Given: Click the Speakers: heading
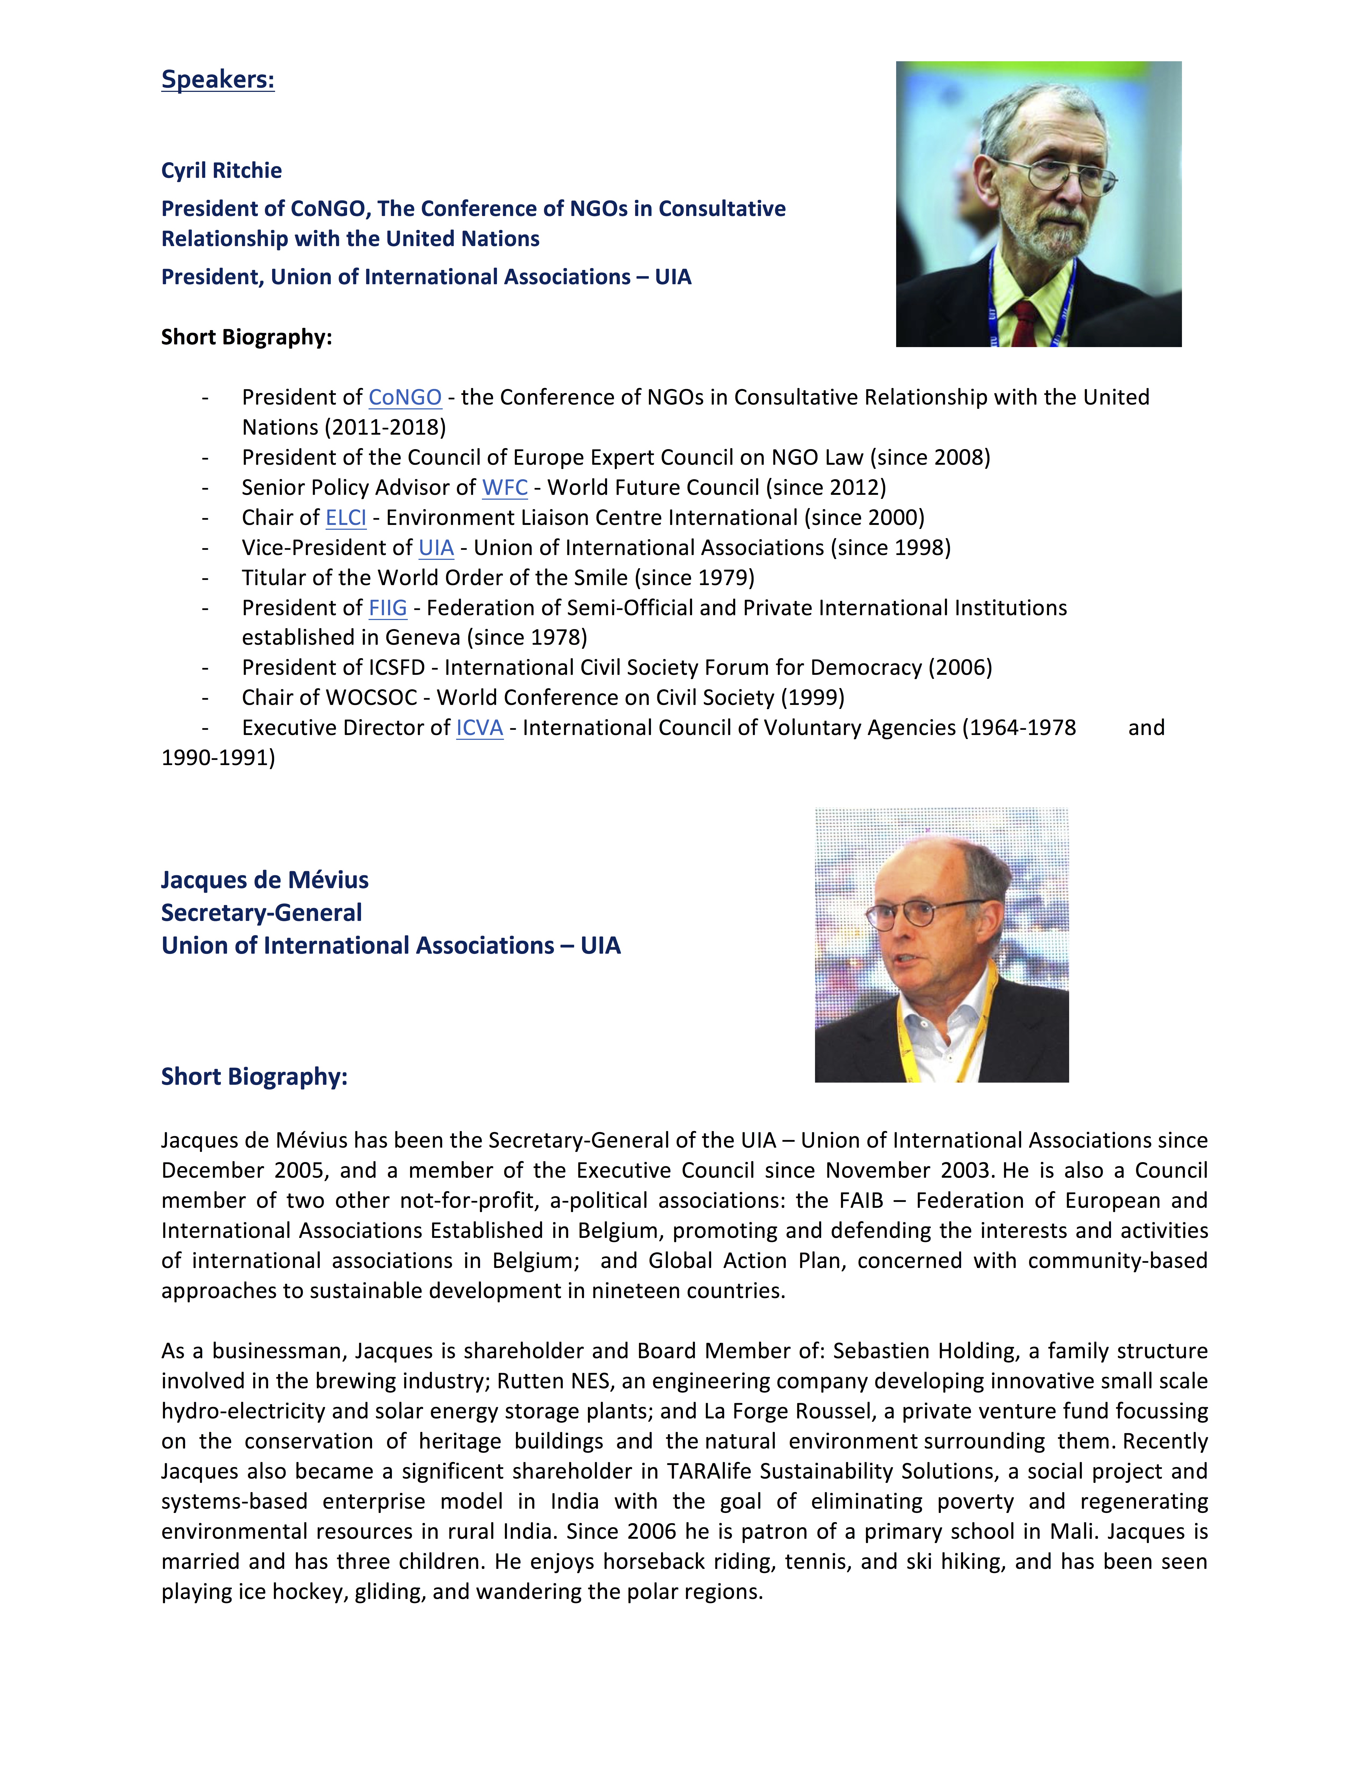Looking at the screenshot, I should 218,80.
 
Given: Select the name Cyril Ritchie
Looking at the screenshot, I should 222,171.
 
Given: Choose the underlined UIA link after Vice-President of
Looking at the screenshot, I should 436,548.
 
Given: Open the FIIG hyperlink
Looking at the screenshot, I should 388,608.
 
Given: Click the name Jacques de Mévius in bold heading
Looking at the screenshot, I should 265,880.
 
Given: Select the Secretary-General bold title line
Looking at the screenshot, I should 261,913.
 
